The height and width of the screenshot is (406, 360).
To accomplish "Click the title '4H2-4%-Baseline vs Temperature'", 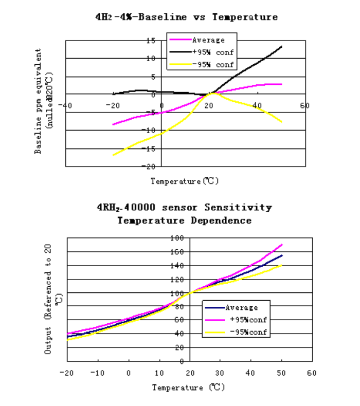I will pyautogui.click(x=187, y=17).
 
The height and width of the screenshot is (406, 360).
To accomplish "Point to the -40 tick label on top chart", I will pyautogui.click(x=64, y=105).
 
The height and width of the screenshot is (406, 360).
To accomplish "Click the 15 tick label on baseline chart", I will pyautogui.click(x=151, y=41).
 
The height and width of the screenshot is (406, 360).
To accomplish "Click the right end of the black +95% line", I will pyautogui.click(x=282, y=46).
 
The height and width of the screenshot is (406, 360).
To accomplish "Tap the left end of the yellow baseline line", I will pyautogui.click(x=113, y=155).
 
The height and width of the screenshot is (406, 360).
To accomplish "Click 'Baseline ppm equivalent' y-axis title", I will pyautogui.click(x=38, y=101).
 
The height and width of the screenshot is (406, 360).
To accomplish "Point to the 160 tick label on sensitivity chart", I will pyautogui.click(x=176, y=252).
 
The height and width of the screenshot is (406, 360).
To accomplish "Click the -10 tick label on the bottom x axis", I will pyautogui.click(x=96, y=373).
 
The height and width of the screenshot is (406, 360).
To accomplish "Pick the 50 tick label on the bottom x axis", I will pyautogui.click(x=281, y=373).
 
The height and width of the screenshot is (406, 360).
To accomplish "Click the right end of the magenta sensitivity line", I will pyautogui.click(x=282, y=245).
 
